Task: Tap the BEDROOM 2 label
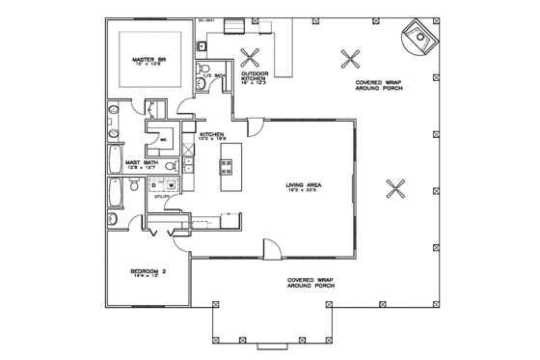pyautogui.click(x=148, y=273)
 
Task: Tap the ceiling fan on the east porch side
pyautogui.click(x=392, y=186)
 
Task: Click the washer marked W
pyautogui.click(x=171, y=184)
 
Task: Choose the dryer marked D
pyautogui.click(x=156, y=184)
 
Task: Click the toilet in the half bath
pyautogui.click(x=202, y=83)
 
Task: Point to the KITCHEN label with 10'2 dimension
pyautogui.click(x=212, y=136)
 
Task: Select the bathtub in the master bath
pyautogui.click(x=114, y=197)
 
